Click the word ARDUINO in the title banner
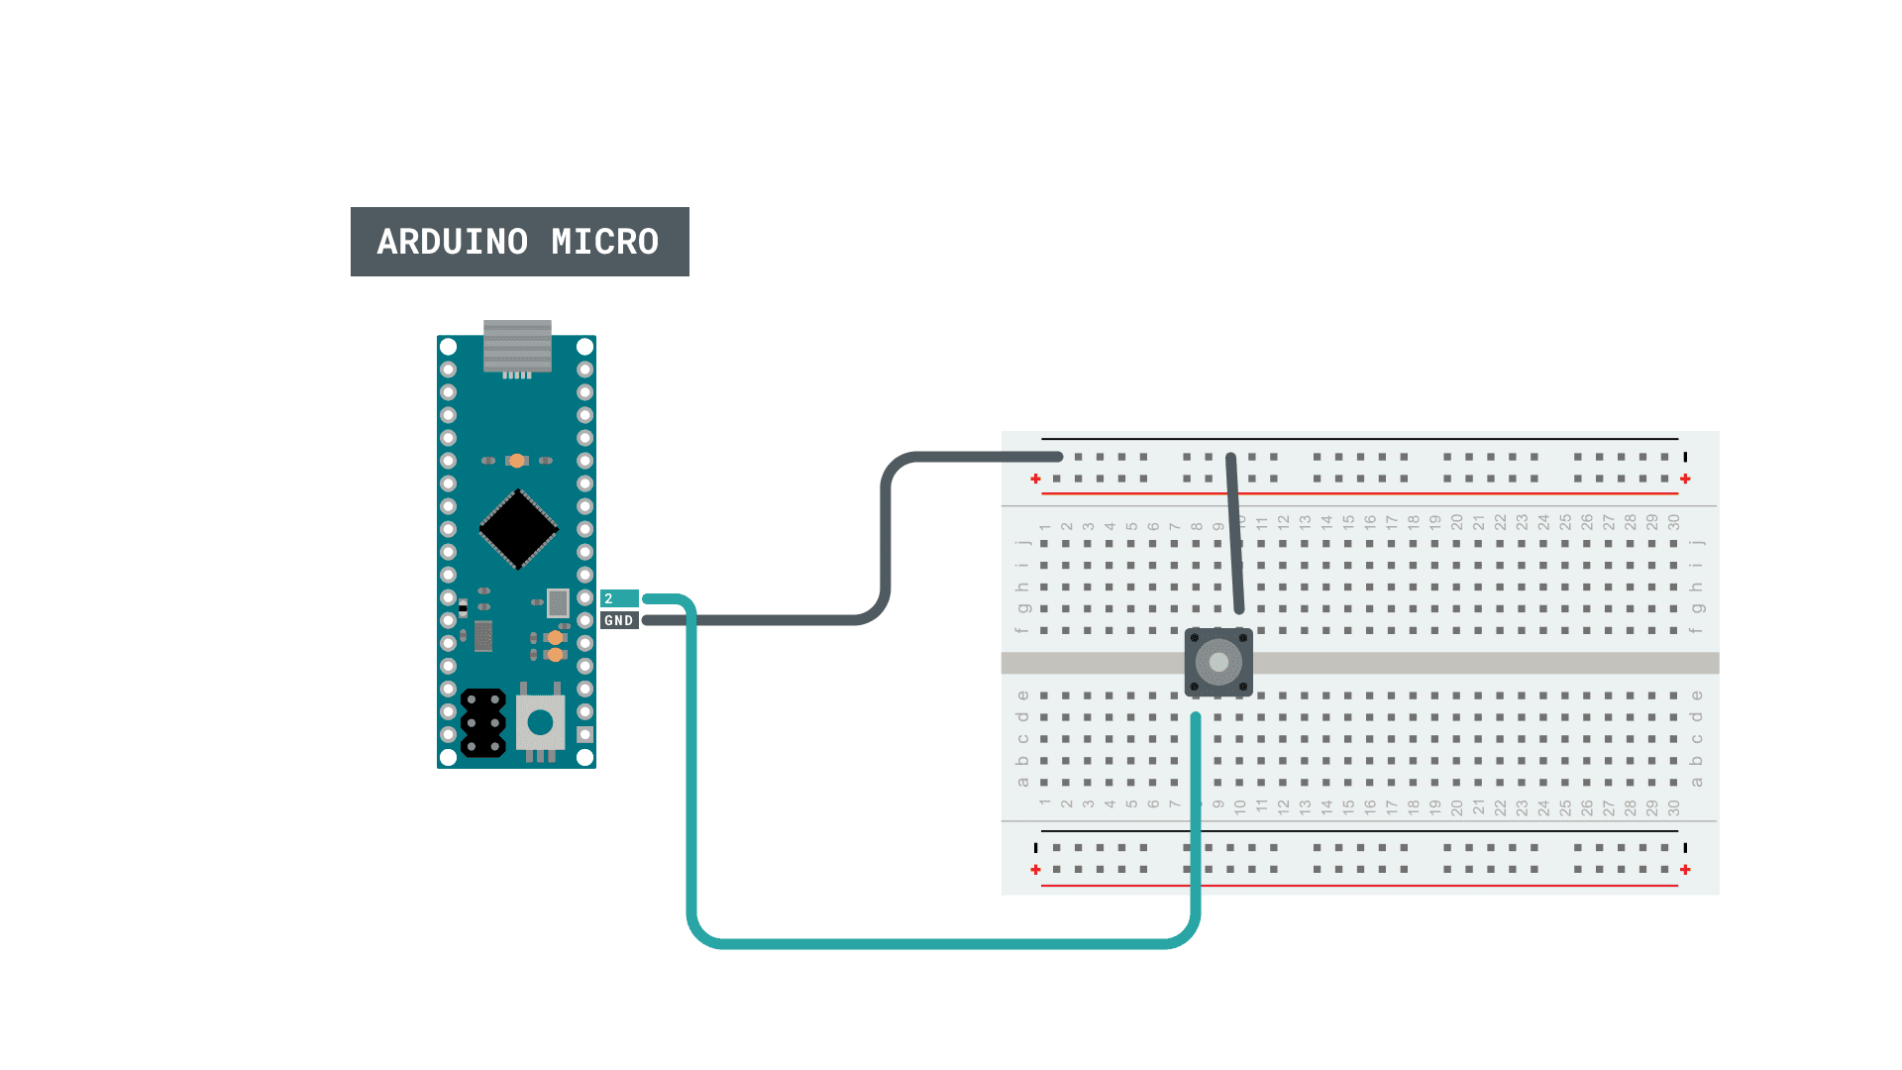point(452,242)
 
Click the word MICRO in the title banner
point(604,242)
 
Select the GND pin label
point(618,621)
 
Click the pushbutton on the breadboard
point(1218,662)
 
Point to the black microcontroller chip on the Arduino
point(518,529)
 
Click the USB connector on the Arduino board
point(517,346)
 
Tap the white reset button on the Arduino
point(540,722)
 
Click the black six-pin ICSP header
point(483,723)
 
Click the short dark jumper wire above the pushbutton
point(1235,535)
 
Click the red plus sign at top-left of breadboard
point(1035,480)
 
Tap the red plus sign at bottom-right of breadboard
point(1685,870)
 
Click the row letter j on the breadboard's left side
point(1022,543)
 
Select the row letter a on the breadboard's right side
point(1696,783)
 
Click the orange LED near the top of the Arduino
point(517,461)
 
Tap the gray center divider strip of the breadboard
point(1486,663)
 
